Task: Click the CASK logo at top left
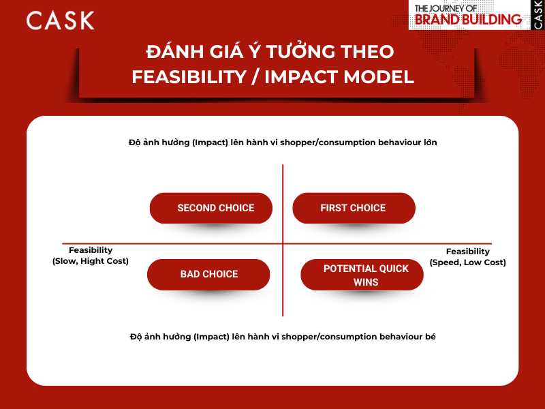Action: pos(60,20)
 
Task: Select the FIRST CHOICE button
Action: pos(354,208)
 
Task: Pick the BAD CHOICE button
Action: pos(208,274)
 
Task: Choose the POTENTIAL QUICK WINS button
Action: pos(366,275)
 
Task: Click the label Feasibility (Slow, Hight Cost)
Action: pos(91,256)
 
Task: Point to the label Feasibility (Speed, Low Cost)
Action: pos(468,257)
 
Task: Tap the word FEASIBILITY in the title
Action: pos(182,77)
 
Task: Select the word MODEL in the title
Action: pos(379,77)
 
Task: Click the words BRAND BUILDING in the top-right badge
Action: pos(468,19)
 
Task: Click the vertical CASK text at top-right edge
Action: pos(538,15)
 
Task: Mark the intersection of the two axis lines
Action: pos(282,243)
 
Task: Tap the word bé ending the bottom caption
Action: pos(430,337)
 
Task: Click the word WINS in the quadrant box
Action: pos(366,282)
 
